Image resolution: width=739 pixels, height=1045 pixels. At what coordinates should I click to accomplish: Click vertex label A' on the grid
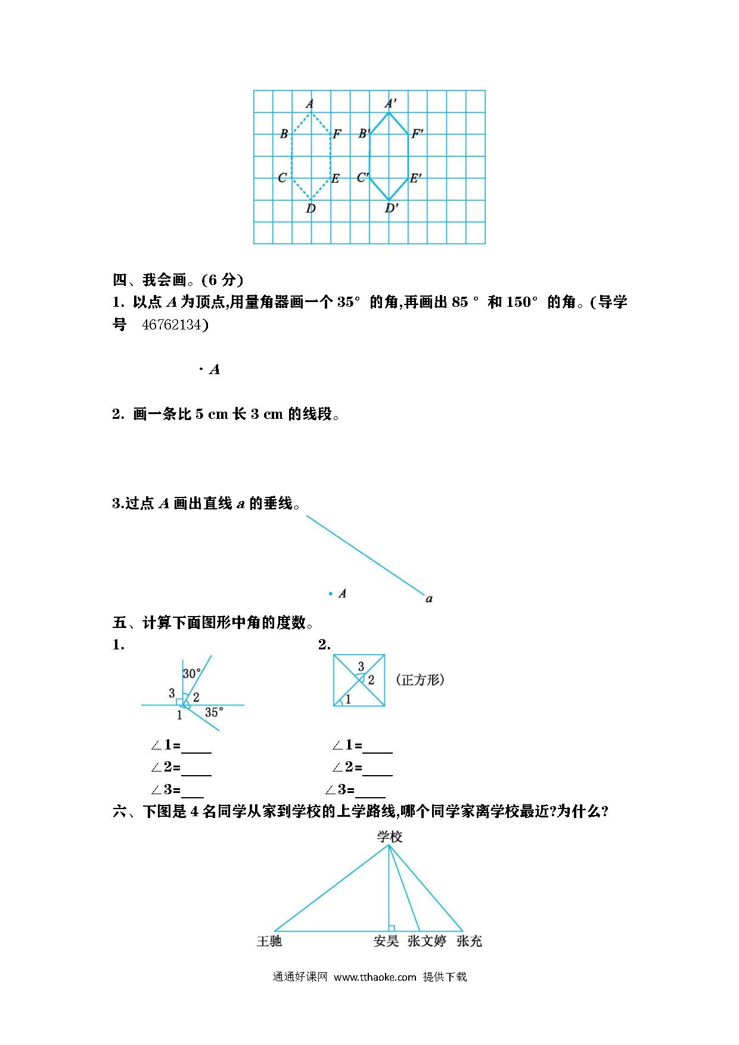tap(391, 102)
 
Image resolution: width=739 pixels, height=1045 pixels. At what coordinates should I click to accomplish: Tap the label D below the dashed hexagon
tap(310, 209)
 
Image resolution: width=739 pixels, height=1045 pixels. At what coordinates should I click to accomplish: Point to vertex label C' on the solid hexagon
tap(362, 178)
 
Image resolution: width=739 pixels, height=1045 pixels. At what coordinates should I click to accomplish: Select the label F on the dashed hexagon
tap(337, 134)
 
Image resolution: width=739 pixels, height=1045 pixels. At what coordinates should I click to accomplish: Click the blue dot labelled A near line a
tap(330, 593)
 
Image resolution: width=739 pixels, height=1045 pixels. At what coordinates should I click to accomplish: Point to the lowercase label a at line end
tap(429, 599)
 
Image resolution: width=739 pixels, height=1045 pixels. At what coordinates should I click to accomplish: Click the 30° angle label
tap(192, 674)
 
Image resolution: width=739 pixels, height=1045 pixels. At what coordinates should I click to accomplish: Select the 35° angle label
tap(214, 712)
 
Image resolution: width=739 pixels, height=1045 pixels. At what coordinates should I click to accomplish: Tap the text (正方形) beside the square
tap(420, 680)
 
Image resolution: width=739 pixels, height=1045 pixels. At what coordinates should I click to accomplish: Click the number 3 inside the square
tap(361, 666)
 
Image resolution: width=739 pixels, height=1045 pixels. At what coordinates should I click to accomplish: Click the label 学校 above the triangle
tap(390, 837)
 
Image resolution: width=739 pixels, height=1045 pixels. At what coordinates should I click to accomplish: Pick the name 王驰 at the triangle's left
tap(269, 941)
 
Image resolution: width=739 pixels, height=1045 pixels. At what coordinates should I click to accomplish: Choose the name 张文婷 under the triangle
tap(427, 941)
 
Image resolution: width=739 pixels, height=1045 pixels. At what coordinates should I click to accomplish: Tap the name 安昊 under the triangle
tap(386, 941)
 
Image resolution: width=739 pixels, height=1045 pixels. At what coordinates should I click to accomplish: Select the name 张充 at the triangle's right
tap(469, 941)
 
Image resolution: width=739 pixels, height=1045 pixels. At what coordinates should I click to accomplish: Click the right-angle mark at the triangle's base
tap(392, 928)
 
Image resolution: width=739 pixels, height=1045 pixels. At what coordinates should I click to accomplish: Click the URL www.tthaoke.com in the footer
tap(375, 977)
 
